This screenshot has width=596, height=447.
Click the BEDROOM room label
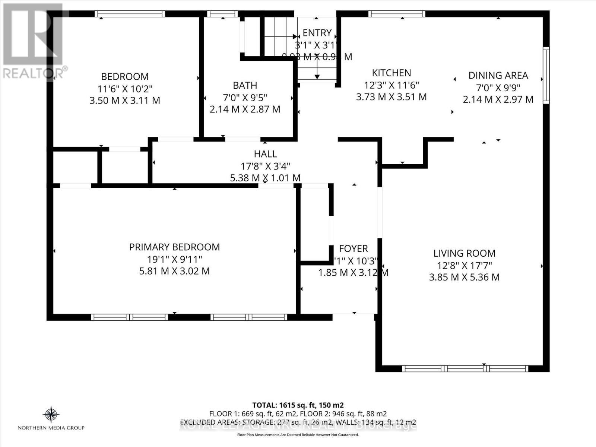125,76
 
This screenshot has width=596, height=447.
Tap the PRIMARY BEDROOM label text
174,247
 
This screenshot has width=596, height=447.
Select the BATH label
245,85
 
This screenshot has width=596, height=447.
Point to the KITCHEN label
391,73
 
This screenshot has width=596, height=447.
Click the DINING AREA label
498,75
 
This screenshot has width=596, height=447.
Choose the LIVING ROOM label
464,253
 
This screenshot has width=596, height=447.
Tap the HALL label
265,154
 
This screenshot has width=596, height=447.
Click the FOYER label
353,248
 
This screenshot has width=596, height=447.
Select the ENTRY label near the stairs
317,33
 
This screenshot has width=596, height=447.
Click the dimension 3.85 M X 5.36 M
464,277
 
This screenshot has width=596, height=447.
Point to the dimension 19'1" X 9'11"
174,259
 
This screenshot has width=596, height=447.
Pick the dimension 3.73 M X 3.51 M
391,97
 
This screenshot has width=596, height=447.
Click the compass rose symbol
51,414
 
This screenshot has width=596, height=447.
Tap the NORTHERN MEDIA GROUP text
51,428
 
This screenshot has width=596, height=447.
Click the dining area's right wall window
546,75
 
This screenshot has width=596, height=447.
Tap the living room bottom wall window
465,369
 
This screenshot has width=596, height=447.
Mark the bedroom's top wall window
130,14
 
